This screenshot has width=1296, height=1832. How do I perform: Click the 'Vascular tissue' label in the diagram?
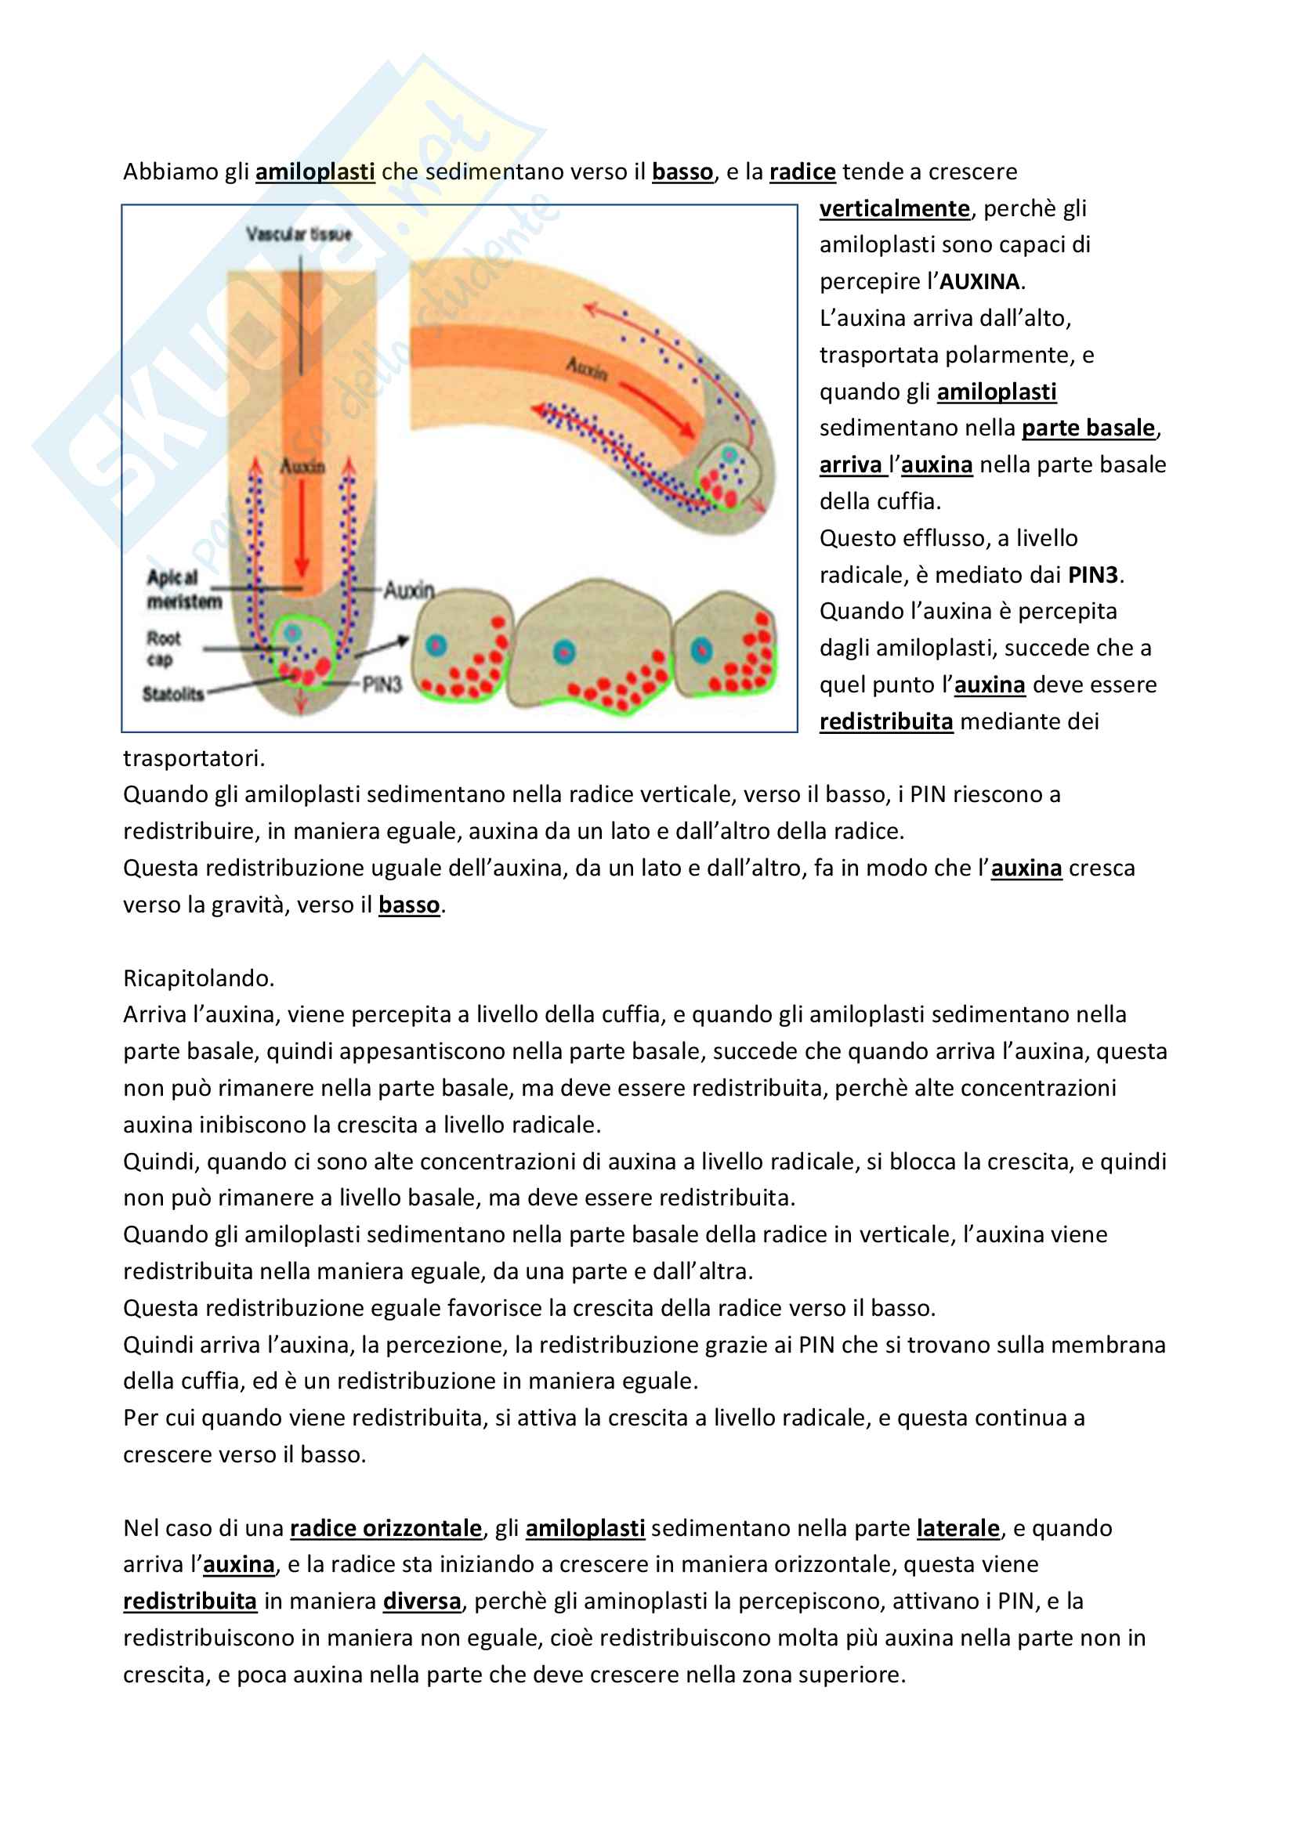tap(299, 233)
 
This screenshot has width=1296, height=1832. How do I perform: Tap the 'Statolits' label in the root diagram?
tap(173, 694)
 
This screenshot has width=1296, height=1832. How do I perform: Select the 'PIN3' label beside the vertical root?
tap(382, 685)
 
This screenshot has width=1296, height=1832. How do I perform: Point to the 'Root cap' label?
tap(163, 649)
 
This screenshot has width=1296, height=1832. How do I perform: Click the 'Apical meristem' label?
tap(183, 589)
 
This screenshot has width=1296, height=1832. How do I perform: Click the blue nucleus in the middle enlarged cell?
tap(564, 652)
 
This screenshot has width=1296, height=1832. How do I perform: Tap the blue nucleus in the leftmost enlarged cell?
tap(436, 645)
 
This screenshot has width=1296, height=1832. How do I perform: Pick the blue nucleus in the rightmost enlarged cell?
tap(701, 649)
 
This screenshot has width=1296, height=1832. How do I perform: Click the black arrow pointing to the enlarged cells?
tap(383, 648)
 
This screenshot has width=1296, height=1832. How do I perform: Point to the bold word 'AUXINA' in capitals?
tap(980, 282)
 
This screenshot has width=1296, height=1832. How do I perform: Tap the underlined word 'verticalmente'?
tap(894, 208)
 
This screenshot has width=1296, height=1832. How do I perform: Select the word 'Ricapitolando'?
tap(197, 978)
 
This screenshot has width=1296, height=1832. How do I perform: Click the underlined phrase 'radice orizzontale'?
tap(386, 1528)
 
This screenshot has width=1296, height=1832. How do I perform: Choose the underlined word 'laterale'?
tap(958, 1528)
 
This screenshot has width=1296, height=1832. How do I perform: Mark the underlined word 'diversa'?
tap(422, 1602)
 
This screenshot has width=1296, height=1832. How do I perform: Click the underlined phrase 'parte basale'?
tap(1088, 428)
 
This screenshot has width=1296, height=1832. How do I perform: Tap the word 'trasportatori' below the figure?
tap(192, 758)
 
